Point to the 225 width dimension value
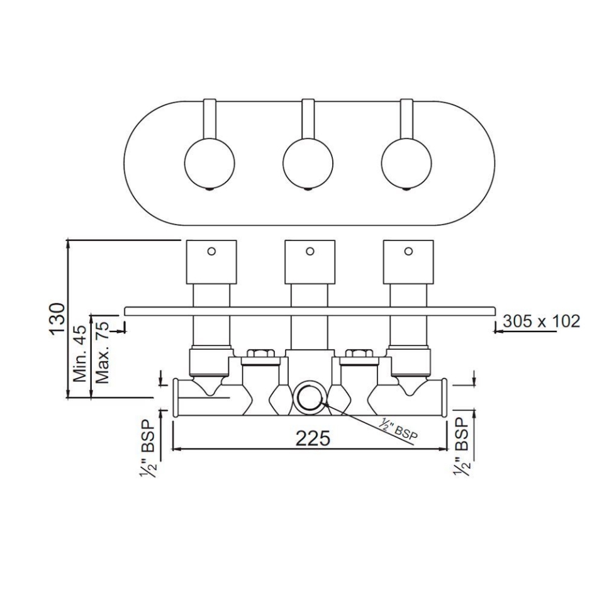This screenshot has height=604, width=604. pos(313,438)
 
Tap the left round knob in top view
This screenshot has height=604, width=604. pos(210,161)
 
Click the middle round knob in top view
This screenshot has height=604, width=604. pos(308,161)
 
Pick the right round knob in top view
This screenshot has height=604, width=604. pos(407,161)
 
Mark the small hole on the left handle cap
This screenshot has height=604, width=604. pos(211,251)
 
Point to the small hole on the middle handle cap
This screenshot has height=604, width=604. pos(310,251)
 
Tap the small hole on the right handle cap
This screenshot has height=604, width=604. pos(408,251)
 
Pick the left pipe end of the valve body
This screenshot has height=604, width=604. pos(176,398)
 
